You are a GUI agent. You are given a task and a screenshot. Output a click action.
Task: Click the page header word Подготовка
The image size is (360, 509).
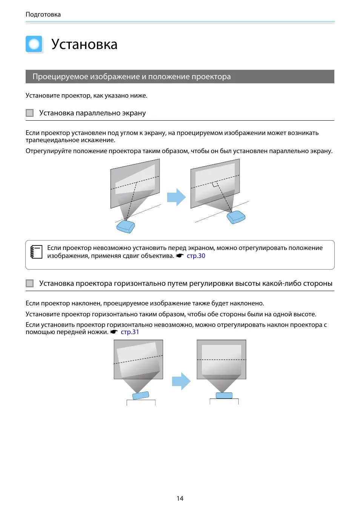point(43,14)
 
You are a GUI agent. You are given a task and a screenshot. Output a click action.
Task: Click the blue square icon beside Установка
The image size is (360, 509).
point(34,44)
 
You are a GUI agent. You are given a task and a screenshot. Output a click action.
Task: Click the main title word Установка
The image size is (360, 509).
point(84,44)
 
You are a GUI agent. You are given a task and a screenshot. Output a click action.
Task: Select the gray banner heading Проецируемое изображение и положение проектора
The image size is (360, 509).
point(131,77)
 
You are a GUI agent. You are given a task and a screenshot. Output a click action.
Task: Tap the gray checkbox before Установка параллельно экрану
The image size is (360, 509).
point(30,113)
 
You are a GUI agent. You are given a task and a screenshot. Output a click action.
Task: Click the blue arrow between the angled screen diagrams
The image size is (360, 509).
point(176,197)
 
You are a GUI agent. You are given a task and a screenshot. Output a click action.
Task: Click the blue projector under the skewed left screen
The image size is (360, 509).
point(126,226)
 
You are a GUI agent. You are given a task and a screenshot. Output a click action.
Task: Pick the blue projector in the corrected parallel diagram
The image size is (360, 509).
point(236,217)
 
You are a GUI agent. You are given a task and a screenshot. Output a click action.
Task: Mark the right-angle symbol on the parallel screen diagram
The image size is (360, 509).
point(215,184)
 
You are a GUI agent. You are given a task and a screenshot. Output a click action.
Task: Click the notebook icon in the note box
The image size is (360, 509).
point(36,251)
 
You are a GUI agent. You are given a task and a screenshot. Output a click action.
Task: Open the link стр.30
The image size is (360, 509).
point(196,256)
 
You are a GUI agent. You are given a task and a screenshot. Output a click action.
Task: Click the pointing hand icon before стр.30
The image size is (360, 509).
point(180,256)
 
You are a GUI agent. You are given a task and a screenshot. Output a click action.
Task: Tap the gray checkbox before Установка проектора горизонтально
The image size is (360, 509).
point(30,284)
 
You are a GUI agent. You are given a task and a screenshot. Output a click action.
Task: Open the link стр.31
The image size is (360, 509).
point(130,332)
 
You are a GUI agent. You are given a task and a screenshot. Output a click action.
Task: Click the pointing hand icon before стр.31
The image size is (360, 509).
point(114,332)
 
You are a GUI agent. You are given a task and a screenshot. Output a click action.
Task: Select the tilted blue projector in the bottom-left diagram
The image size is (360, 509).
point(141,395)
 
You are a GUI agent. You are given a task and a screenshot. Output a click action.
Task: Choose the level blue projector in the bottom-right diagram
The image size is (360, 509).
point(224,395)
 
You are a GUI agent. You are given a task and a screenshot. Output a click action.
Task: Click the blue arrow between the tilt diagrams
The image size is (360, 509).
point(181,381)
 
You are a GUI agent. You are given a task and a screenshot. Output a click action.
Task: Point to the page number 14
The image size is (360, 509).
point(180,498)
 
